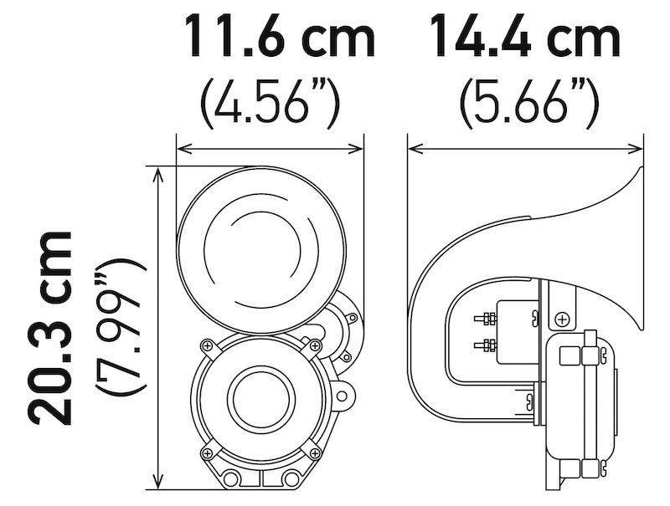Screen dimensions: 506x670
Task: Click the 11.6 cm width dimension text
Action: pos(279,38)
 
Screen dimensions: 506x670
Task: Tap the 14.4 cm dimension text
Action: pos(525,38)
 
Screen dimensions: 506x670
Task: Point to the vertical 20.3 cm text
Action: pos(48,328)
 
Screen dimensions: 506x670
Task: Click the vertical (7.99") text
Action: pos(120,328)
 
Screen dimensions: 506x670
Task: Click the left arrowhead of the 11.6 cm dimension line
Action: pos(182,149)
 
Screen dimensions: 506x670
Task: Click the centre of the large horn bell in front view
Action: pos(260,248)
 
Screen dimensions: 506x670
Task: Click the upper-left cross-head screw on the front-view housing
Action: pos(206,345)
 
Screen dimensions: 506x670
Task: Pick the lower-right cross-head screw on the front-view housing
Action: pos(315,452)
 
